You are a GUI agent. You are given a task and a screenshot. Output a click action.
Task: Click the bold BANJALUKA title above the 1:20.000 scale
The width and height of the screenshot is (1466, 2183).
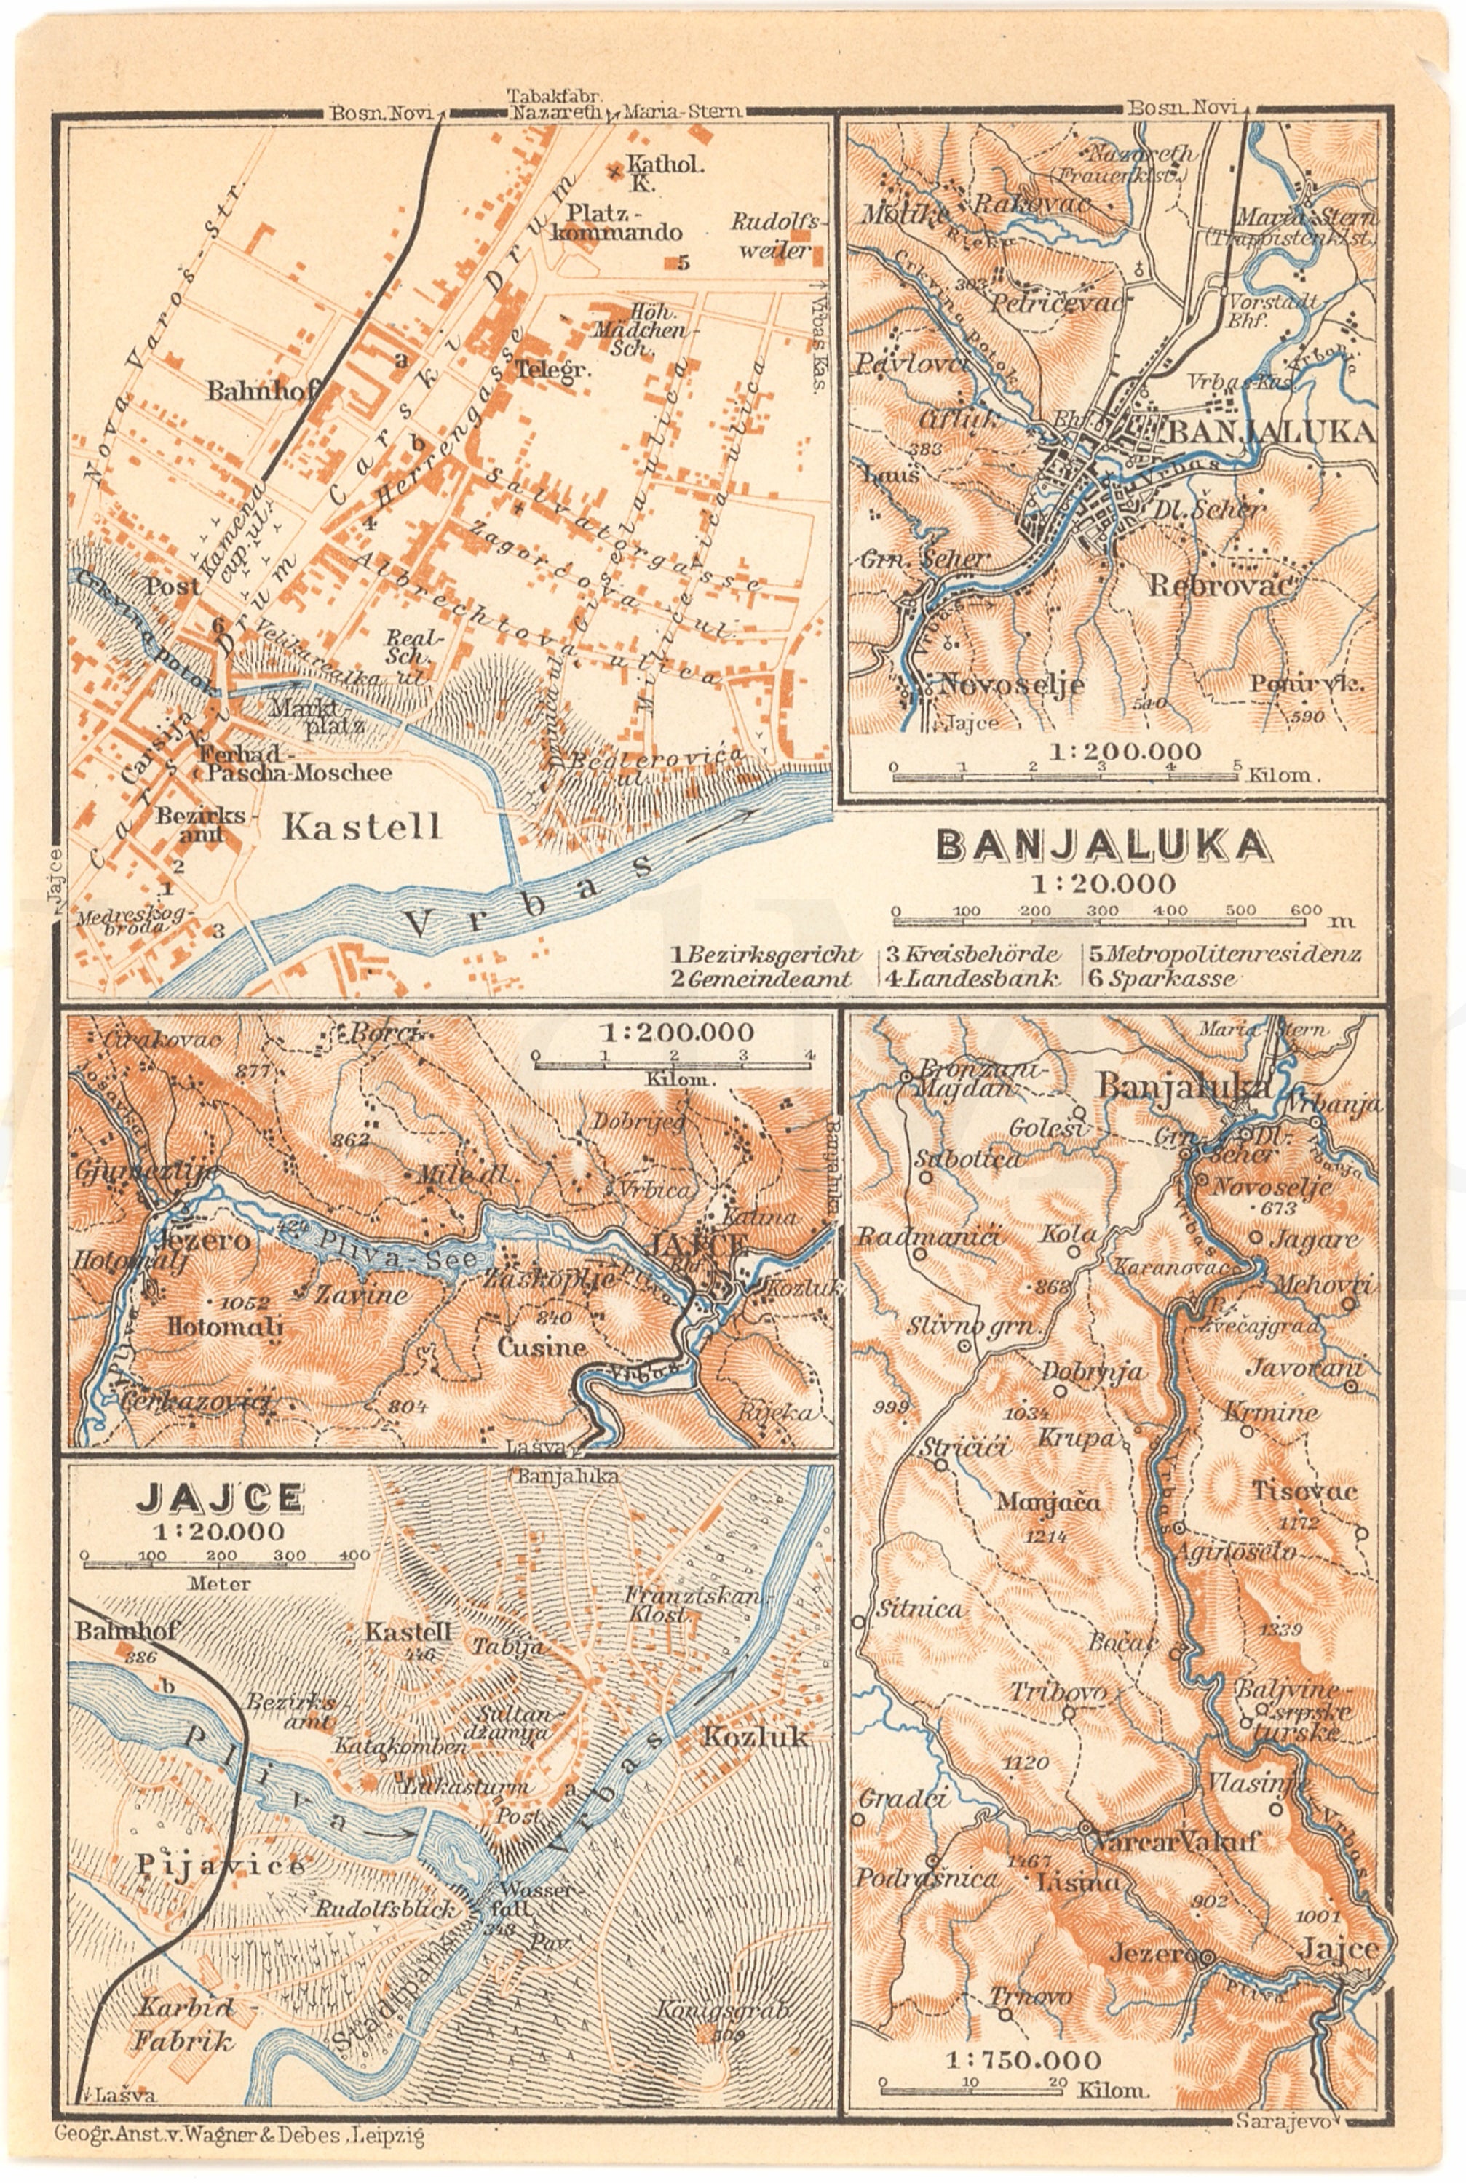tap(1104, 845)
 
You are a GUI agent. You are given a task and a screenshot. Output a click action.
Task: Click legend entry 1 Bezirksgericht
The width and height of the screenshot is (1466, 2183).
tap(766, 954)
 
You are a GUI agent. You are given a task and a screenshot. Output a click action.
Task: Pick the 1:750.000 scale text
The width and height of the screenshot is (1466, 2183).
tap(1022, 2058)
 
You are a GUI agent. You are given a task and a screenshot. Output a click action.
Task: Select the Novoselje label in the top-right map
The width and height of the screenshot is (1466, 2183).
tap(1012, 683)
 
